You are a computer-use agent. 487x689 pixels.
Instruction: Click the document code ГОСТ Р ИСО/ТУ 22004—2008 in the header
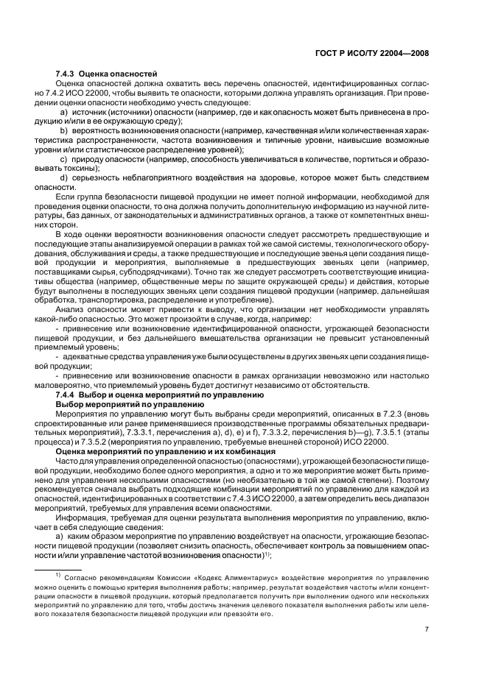(x=376, y=52)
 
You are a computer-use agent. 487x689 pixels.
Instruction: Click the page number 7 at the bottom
(x=427, y=628)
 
